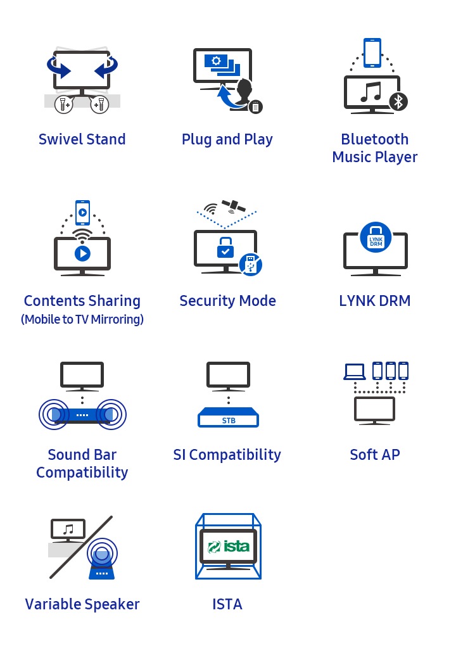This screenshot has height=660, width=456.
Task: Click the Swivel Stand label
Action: pyautogui.click(x=82, y=139)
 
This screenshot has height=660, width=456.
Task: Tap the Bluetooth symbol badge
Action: pyautogui.click(x=398, y=101)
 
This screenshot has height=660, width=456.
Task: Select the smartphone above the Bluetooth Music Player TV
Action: pyautogui.click(x=372, y=53)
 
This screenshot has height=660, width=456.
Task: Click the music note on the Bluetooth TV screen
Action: pyautogui.click(x=371, y=92)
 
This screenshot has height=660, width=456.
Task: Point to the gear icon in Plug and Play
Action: pyautogui.click(x=216, y=61)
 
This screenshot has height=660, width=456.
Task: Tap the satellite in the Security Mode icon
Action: pyautogui.click(x=234, y=206)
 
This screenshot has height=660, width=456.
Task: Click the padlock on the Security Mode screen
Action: pyautogui.click(x=225, y=247)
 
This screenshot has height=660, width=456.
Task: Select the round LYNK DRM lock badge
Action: pyautogui.click(x=376, y=238)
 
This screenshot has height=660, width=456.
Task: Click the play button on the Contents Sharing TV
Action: pyautogui.click(x=82, y=253)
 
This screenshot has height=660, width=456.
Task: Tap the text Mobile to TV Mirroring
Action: pyautogui.click(x=82, y=319)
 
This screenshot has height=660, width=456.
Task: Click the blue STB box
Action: pyautogui.click(x=228, y=417)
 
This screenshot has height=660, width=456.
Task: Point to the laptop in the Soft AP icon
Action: pyautogui.click(x=354, y=372)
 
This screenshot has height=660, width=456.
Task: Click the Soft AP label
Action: pyautogui.click(x=375, y=455)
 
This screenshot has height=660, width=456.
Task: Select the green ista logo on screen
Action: pyautogui.click(x=229, y=547)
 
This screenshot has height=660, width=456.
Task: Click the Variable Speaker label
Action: pyautogui.click(x=82, y=604)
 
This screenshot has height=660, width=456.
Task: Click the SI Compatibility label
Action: pyautogui.click(x=227, y=455)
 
